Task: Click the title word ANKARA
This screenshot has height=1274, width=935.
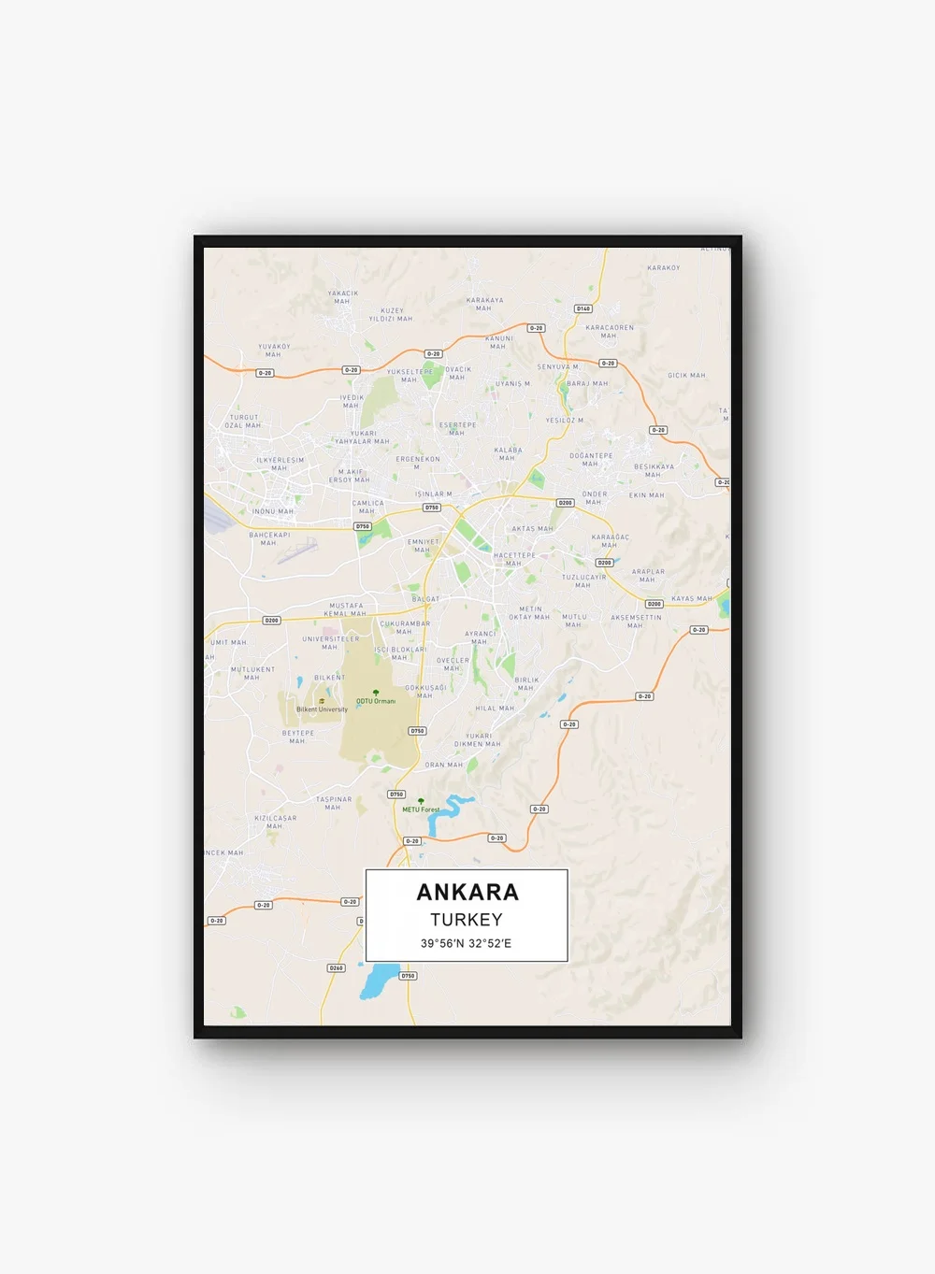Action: point(467,892)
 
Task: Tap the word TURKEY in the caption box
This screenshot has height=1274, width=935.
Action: point(467,920)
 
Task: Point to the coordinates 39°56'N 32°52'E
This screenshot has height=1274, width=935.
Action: point(466,943)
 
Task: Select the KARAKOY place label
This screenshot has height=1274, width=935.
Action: point(664,268)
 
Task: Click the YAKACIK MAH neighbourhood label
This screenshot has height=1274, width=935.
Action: point(343,297)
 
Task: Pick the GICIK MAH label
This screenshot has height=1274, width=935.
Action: point(686,376)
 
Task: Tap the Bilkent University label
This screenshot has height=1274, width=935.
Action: point(322,709)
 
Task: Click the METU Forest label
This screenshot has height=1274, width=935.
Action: point(421,809)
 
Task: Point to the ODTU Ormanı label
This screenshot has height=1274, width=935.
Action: point(376,701)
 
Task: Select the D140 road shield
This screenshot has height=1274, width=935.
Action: point(583,308)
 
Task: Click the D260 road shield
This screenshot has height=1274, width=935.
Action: point(337,968)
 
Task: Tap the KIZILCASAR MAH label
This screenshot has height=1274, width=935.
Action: point(275,822)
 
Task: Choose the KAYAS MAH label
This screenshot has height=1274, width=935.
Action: point(691,599)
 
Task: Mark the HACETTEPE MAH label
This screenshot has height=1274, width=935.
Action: point(514,559)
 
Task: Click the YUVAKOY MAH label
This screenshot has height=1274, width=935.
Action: point(274,351)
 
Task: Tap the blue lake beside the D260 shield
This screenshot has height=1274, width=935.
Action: point(378,981)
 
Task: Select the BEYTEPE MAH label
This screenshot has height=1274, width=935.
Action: point(298,737)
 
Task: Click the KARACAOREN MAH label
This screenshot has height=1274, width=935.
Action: point(610,332)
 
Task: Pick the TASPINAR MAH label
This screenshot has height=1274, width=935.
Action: point(334,803)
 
